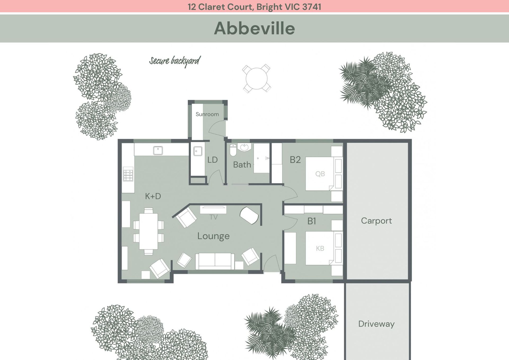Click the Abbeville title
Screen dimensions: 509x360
point(254,28)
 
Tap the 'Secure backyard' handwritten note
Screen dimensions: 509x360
point(175,61)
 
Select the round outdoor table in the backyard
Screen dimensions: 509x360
point(256,79)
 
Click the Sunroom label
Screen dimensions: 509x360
point(207,114)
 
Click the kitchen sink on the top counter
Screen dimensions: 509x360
point(158,150)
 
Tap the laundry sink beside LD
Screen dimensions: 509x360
point(198,151)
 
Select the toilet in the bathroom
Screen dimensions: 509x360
point(233,150)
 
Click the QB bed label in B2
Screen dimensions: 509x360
point(320,174)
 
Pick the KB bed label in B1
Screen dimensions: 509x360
point(320,248)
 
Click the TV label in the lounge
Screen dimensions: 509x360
point(213,217)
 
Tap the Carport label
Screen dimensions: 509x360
point(376,221)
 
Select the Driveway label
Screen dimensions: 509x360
point(376,324)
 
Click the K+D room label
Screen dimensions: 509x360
point(153,196)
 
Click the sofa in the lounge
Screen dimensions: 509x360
point(215,261)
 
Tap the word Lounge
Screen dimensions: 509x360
point(213,236)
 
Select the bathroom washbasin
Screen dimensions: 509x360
point(244,147)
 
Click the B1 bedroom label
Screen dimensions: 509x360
point(311,221)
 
